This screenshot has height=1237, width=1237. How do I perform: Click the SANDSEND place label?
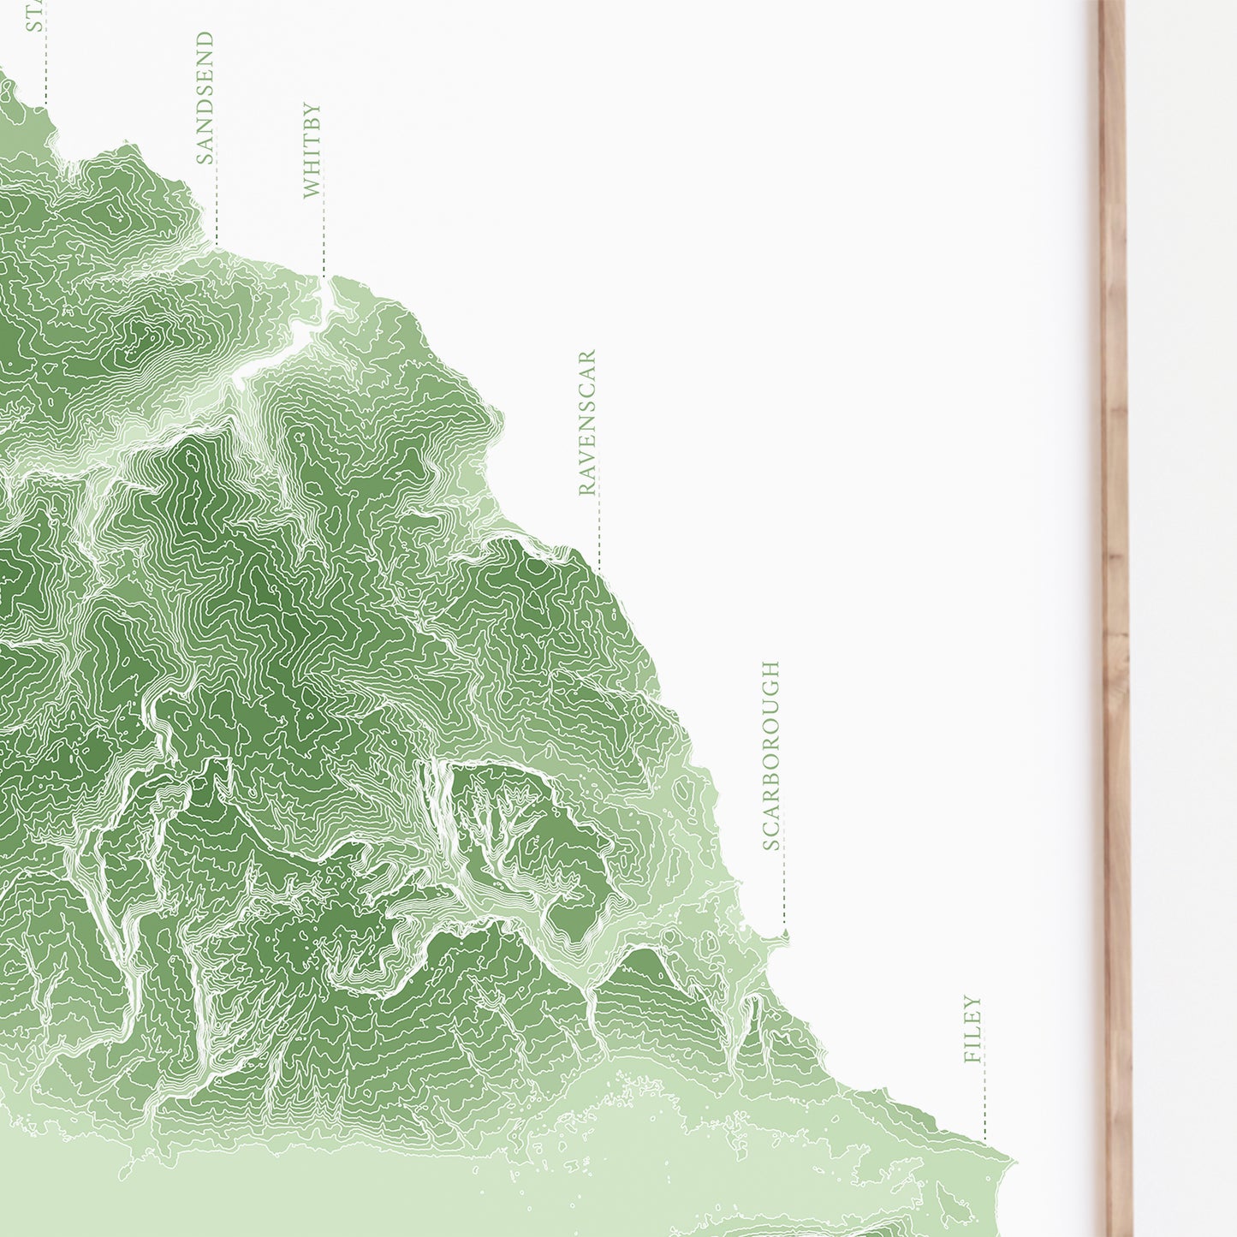(205, 98)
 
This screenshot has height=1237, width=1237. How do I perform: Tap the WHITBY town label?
(312, 151)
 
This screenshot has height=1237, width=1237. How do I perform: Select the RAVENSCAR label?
(587, 423)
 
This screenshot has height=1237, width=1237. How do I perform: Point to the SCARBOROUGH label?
(771, 755)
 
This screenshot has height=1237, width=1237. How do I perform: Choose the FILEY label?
(972, 1029)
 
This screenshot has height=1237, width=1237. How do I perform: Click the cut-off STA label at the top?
(34, 15)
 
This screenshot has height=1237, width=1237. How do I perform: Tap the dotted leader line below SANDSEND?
(217, 205)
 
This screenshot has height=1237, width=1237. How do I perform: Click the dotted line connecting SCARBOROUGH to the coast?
(783, 890)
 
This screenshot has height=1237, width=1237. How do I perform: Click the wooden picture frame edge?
(1115, 599)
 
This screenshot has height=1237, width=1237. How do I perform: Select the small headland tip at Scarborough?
(783, 936)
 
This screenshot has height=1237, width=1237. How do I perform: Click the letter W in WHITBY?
(312, 188)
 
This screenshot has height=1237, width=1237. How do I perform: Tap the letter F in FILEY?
(972, 1056)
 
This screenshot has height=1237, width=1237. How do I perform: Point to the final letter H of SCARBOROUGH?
(771, 669)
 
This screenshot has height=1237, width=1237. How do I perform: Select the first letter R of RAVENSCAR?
(587, 488)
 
